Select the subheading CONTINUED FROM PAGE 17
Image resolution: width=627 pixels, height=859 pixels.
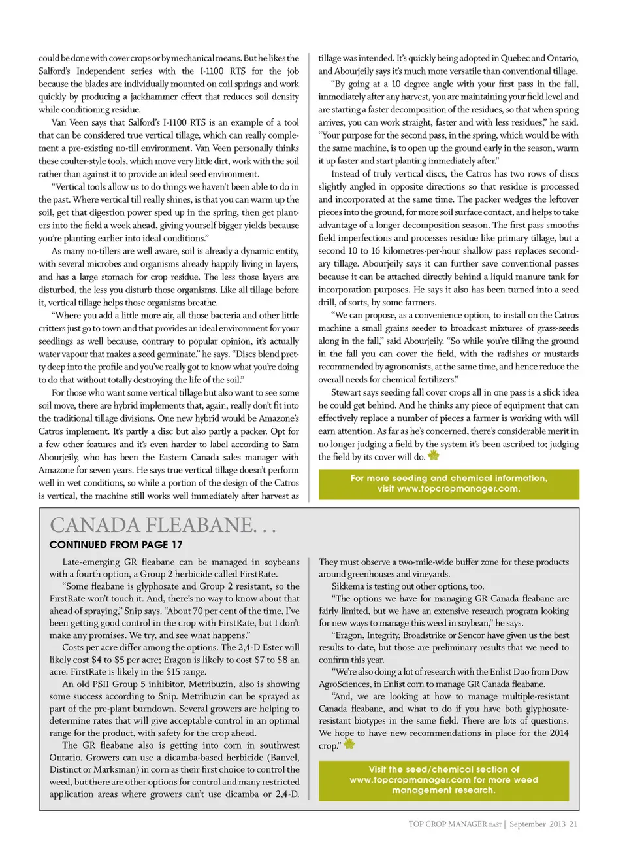[x=116, y=545]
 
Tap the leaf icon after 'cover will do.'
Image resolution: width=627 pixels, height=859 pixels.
[x=434, y=455]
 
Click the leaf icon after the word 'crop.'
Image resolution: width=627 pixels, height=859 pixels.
[x=349, y=744]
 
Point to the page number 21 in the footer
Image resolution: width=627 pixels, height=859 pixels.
[x=573, y=824]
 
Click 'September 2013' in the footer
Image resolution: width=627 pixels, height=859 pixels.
[x=538, y=824]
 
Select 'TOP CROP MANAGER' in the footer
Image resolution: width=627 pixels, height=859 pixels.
[x=447, y=824]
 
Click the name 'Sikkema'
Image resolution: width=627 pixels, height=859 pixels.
[x=348, y=586]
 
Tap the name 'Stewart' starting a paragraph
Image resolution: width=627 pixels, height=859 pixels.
[x=346, y=393]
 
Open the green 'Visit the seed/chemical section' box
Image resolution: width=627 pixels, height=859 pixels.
[x=443, y=780]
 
